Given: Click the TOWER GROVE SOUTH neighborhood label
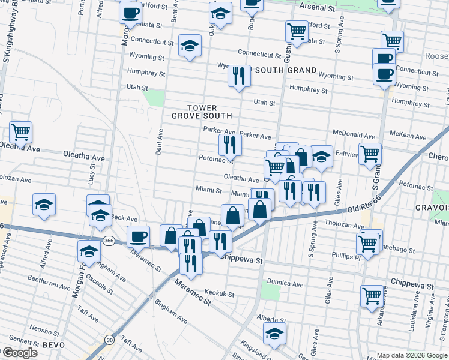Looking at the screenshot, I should coord(202,112).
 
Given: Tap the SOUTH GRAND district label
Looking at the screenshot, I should coord(285,70).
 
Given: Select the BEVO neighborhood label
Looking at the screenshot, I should coord(58,345).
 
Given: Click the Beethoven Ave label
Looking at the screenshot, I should coord(50,279).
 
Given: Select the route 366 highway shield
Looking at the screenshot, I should coord(109,241).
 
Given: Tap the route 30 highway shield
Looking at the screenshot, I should coord(109,340).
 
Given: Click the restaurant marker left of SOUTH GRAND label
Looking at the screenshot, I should coord(239,76).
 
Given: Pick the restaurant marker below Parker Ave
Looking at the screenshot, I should coord(229,144).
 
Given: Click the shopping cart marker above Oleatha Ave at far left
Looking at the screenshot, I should coord(20,132).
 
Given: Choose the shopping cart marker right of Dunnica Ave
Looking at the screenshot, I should coord(372,296).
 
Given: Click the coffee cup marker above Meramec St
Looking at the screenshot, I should coord(138,236).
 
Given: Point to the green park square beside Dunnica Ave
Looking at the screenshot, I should coord(271,293).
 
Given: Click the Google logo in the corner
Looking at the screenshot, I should coord(19,353).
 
